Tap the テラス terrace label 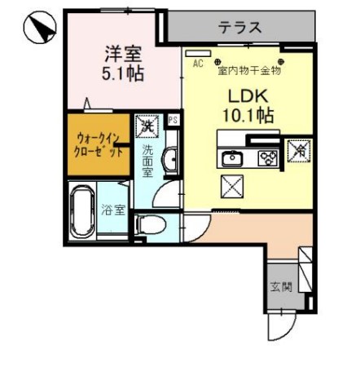239,27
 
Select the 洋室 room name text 123,56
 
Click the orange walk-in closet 99,145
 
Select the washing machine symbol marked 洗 147,126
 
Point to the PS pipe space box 172,120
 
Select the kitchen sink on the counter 230,157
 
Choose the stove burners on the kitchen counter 266,157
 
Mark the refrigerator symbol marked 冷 297,150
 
